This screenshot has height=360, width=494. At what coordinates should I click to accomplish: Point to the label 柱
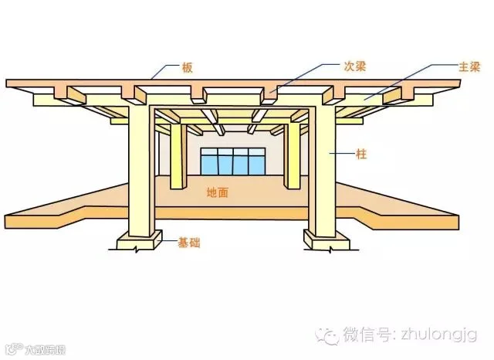coord(361,155)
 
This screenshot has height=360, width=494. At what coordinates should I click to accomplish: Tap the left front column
coord(141,170)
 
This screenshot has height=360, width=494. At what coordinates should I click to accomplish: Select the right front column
coord(323,170)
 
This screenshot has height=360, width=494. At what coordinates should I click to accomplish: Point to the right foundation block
coord(328,242)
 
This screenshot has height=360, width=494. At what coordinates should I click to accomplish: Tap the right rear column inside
coord(292,155)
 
